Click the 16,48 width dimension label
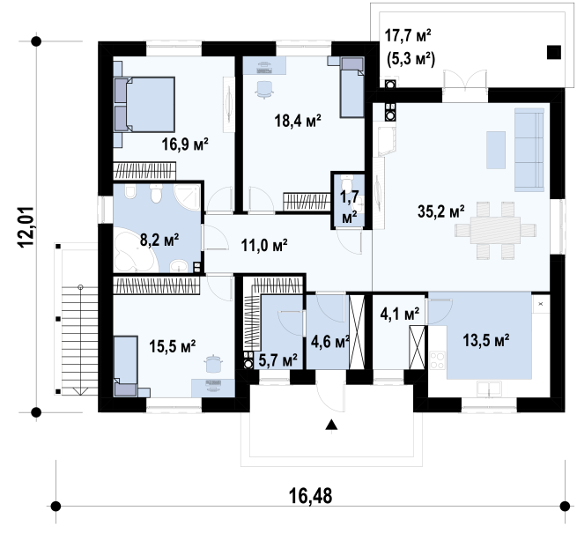tap(311, 496)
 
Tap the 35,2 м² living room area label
tap(440, 211)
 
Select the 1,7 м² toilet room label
tap(349, 207)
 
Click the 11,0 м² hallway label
tap(264, 245)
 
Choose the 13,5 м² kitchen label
tap(485, 340)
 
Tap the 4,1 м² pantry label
tap(400, 315)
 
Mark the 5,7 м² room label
tap(277, 360)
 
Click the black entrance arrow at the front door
tap(331, 425)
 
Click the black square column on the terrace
tap(553, 52)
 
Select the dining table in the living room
tap(495, 230)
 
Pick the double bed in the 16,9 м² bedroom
tap(144, 104)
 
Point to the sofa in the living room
tap(529, 150)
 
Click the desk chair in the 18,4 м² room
tap(264, 90)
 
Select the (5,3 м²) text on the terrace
tap(411, 59)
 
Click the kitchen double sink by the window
tap(489, 389)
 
